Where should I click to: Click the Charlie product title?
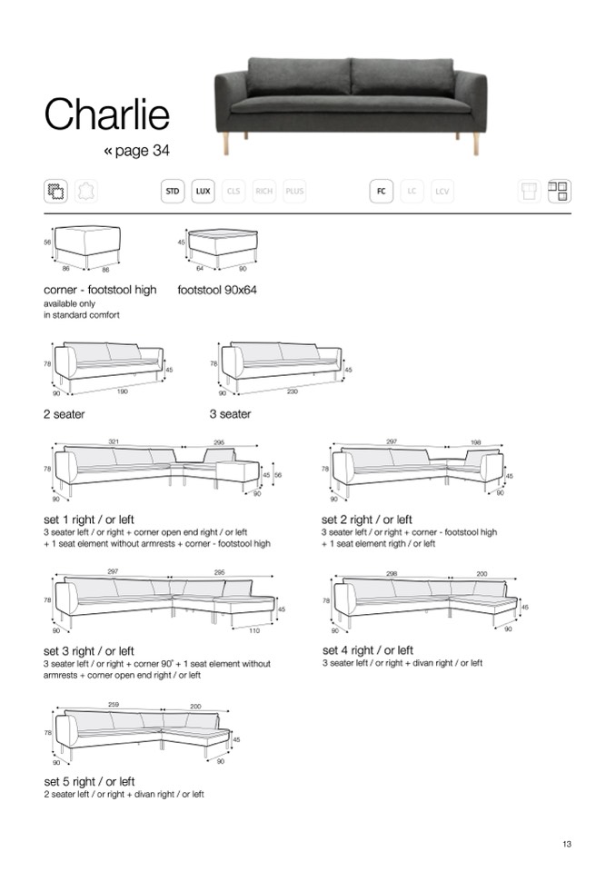tap(107, 116)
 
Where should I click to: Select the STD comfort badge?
tap(172, 191)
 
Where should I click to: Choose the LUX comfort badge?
tap(204, 191)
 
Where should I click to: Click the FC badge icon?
tap(382, 191)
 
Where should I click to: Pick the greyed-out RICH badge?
tap(264, 191)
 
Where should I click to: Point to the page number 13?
tap(566, 845)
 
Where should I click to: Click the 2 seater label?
tap(65, 414)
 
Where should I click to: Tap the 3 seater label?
tap(230, 414)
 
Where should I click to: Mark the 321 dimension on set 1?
tap(114, 441)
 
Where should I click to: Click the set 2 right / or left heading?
tap(367, 520)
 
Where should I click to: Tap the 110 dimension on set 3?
tap(254, 630)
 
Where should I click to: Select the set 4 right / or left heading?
tap(368, 650)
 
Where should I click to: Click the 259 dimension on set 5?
tap(113, 706)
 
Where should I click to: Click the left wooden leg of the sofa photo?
tap(224, 142)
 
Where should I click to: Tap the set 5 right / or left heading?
tap(89, 781)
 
